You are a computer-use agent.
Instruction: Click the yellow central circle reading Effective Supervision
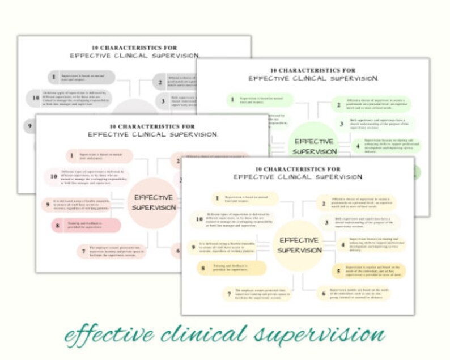pos(299,245)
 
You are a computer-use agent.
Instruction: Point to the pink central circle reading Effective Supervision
pos(153,202)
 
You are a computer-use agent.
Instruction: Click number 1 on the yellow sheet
pos(216,198)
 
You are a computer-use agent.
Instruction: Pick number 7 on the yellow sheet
pos(229,294)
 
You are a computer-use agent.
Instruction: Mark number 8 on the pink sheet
pos(57,226)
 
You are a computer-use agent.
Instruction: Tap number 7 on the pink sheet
pos(83,251)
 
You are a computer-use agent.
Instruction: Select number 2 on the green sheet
pos(339,104)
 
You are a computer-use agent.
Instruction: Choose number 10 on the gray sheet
pos(36,98)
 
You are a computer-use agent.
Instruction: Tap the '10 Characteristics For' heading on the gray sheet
pos(134,48)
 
